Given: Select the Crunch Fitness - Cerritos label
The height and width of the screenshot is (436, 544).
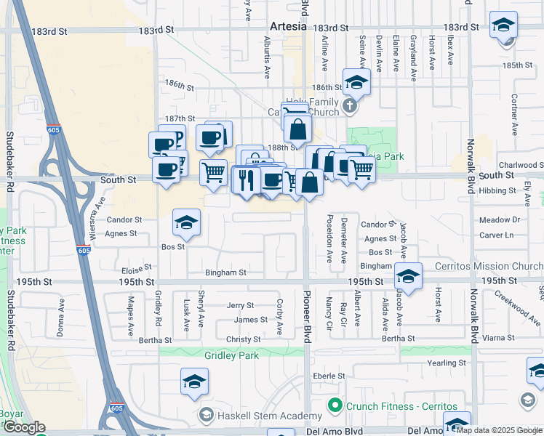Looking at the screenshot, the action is pos(401,405).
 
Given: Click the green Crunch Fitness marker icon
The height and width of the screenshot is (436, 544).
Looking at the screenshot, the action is pos(335,405).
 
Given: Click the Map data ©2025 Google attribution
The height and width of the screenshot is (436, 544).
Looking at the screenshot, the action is pos(500,430).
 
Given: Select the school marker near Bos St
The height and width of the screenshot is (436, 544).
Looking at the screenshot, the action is pos(186,224).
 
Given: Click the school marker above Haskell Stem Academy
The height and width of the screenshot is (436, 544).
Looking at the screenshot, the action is pos(195,381).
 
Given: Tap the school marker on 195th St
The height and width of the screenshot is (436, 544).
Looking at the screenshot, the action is pos(408,276).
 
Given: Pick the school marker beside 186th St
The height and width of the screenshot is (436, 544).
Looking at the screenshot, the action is pos(356,82).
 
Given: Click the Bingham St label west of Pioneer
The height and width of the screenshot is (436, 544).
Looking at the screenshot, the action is pos(225,272).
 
